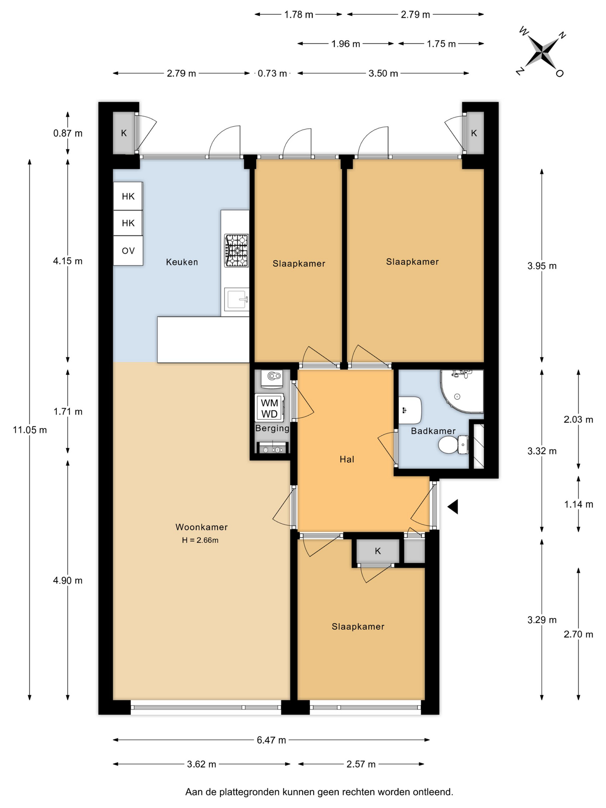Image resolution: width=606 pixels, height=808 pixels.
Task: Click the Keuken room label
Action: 182,262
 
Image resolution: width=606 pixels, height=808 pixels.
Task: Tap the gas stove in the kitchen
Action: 236,251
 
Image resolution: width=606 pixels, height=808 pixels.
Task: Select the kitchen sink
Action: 237,299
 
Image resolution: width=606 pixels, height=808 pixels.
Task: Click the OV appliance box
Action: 128,251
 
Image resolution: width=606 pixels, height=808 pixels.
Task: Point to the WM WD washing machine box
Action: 269,408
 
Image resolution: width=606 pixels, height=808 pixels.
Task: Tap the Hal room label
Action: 347,459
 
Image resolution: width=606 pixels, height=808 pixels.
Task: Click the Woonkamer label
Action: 201,527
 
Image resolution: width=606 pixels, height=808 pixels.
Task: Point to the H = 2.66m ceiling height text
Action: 200,540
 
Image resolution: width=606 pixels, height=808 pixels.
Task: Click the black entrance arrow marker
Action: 453,507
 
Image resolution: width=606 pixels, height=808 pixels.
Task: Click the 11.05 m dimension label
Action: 30,430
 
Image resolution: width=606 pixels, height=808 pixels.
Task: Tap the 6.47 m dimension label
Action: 271,740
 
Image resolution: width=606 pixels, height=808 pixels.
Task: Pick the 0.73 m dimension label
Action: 272,73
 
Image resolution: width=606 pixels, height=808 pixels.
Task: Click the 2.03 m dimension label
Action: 579,419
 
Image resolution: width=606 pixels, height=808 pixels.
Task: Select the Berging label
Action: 272,428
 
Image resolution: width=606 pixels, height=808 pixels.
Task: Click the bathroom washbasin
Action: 409,410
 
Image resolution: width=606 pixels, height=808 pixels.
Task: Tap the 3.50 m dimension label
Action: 383,73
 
